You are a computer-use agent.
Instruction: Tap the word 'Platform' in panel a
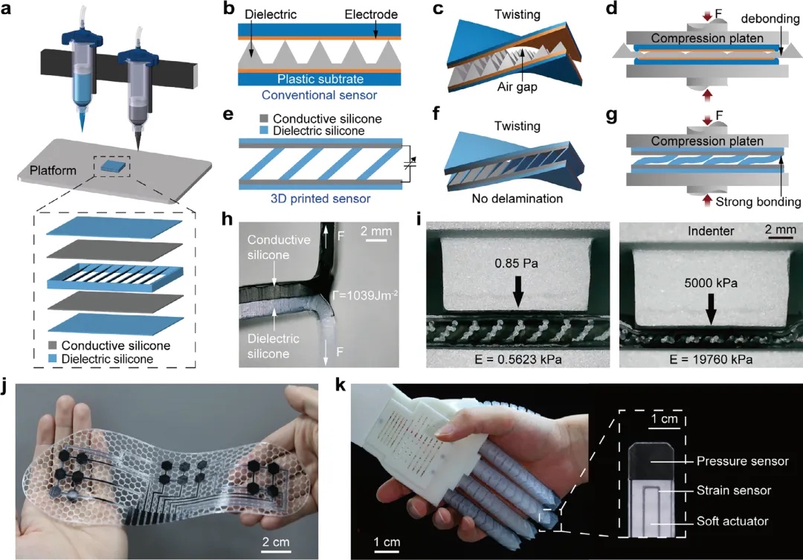coord(53,170)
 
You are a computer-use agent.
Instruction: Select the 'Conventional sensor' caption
coord(318,94)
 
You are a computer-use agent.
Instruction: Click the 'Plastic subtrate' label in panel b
coord(318,79)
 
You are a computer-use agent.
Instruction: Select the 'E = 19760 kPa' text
coord(710,359)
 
